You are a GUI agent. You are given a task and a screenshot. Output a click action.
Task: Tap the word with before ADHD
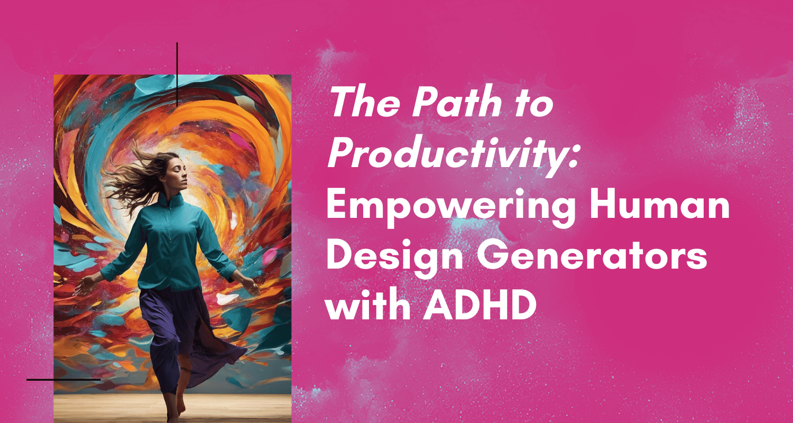[364, 306]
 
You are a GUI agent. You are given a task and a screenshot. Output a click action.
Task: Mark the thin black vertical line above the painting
[177, 74]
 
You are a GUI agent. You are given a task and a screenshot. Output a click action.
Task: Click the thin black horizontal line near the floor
[63, 380]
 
